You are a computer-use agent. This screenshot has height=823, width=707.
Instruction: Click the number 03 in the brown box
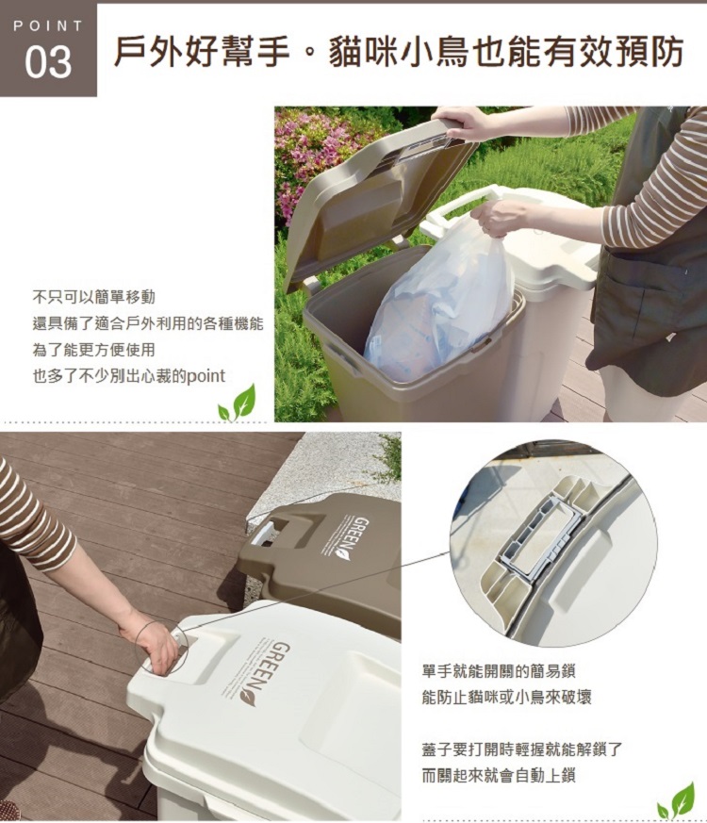tap(48, 63)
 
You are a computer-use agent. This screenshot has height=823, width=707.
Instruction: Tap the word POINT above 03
tap(48, 25)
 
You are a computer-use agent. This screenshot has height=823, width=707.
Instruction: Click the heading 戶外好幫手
tap(202, 53)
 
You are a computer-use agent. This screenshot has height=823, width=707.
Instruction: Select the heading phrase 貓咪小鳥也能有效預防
tap(505, 53)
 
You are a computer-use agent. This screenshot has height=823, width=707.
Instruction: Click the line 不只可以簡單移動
tap(94, 297)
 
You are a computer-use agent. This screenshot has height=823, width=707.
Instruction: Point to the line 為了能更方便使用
tap(94, 350)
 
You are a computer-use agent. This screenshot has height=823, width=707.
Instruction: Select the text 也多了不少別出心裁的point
tap(129, 376)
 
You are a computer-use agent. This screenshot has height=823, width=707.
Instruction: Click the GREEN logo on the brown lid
tap(349, 538)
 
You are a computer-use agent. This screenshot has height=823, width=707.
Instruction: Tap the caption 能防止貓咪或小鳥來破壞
tap(506, 697)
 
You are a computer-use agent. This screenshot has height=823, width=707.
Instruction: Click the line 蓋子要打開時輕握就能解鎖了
tap(522, 749)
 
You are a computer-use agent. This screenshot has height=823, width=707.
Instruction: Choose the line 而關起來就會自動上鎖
tap(499, 775)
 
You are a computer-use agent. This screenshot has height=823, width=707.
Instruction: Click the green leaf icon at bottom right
tap(676, 801)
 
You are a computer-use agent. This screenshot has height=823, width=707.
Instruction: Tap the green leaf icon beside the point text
tap(238, 403)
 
